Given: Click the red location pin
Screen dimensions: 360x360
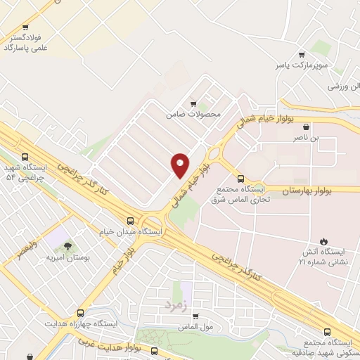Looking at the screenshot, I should click(x=180, y=165).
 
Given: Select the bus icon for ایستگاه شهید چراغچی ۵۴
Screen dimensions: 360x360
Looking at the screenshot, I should click(x=26, y=157).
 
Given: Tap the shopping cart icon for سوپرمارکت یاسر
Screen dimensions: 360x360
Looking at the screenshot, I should click(x=302, y=55).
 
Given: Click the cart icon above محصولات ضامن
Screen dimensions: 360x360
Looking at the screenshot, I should click(x=193, y=103).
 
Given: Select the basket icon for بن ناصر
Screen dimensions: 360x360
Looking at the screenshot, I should click(x=306, y=127).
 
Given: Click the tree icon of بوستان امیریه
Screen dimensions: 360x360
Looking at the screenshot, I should click(x=67, y=246).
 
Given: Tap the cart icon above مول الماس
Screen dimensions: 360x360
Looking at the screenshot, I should click(x=195, y=316).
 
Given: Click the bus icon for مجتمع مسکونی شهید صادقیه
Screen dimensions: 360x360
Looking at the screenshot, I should click(x=327, y=332).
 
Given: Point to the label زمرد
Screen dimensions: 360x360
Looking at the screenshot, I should click(x=178, y=305).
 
